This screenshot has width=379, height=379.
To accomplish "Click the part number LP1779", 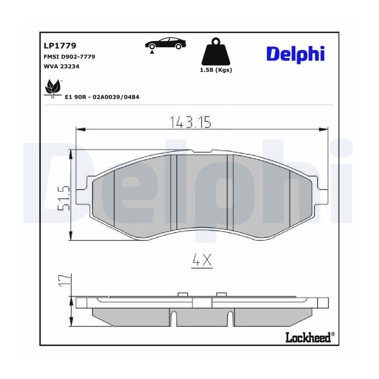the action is click(x=60, y=45).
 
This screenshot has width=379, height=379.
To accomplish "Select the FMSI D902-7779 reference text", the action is click(x=69, y=57).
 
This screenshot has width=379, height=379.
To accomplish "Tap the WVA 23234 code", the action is click(x=61, y=66).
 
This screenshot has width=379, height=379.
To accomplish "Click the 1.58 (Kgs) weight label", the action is click(x=216, y=70).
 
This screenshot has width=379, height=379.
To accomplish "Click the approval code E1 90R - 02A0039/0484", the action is click(x=102, y=97).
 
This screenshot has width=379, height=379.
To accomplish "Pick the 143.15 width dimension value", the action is click(x=190, y=122).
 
